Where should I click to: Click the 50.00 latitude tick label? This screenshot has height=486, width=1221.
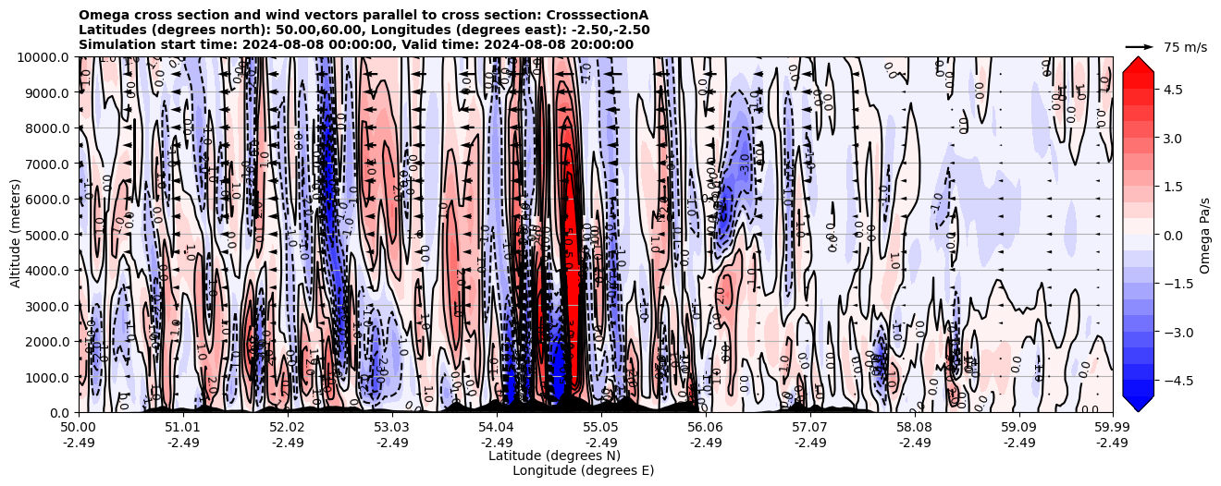(x=79, y=428)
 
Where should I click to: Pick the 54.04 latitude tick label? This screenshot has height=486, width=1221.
(x=497, y=428)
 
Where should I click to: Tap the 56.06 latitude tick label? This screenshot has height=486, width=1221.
(x=706, y=428)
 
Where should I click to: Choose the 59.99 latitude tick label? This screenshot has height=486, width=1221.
(x=1112, y=428)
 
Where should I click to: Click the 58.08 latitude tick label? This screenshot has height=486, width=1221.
(x=915, y=428)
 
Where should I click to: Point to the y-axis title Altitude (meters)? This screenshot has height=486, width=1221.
(x=16, y=235)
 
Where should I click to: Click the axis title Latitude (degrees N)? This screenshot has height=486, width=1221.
(x=554, y=456)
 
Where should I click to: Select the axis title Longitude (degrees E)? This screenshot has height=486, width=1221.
(x=583, y=470)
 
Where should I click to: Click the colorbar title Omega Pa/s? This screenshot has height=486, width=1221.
(x=1204, y=235)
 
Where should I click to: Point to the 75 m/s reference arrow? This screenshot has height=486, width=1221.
(x=1140, y=46)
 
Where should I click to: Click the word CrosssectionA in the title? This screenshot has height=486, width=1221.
(x=600, y=15)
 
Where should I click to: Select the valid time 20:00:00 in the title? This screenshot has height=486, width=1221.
(x=604, y=44)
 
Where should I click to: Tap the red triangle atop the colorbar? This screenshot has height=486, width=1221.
(x=1138, y=63)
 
